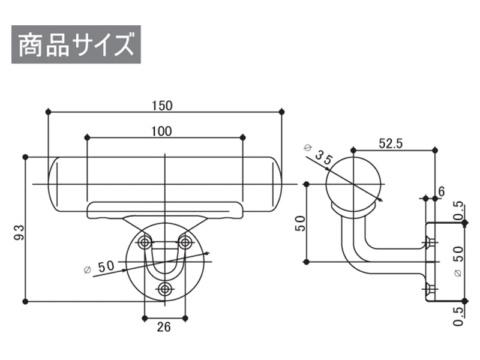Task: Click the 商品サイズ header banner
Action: click(76, 44)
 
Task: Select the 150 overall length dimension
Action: click(162, 106)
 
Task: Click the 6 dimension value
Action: click(441, 191)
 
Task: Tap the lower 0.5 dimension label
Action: click(458, 315)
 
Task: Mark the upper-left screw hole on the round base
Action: click(144, 242)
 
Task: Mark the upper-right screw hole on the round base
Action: click(185, 242)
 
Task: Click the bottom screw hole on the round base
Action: click(164, 290)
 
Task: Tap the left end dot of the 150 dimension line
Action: click(48, 112)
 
